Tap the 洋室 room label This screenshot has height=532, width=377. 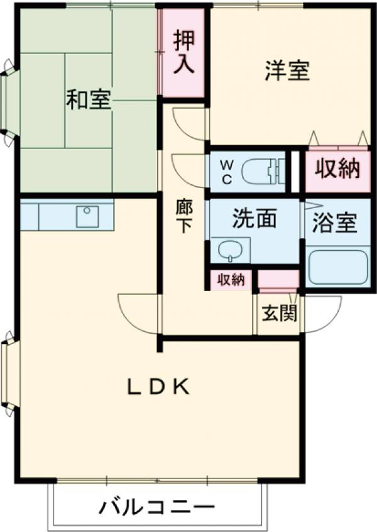287,71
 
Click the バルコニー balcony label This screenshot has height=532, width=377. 156,507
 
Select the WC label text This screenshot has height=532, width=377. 227,171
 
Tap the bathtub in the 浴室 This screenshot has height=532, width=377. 337,267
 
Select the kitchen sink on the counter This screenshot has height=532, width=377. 87,216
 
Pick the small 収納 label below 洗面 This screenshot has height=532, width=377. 231,280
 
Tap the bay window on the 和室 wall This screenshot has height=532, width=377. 9,103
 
